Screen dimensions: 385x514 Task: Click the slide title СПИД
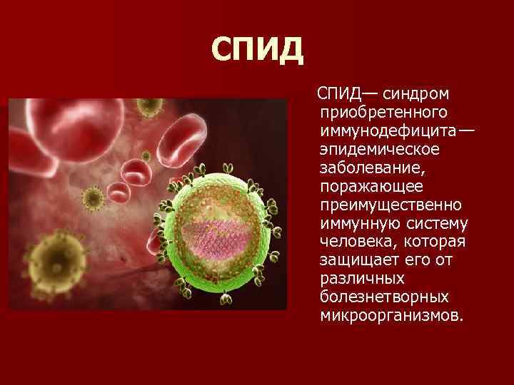point(258,49)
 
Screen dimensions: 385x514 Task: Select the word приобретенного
point(383,112)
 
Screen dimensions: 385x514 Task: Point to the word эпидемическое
point(380,149)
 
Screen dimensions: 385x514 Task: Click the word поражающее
point(372,186)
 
